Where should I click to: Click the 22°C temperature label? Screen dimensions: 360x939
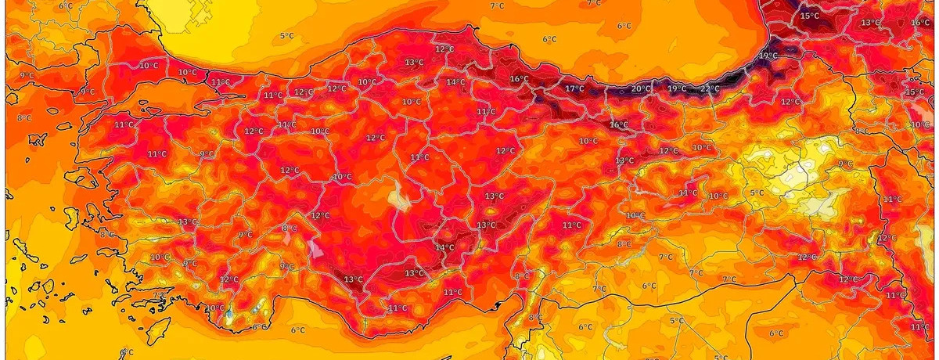710,88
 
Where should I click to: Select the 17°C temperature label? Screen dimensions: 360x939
574,88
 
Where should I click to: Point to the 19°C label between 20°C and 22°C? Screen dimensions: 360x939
676,88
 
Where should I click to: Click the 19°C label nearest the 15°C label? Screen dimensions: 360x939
768,56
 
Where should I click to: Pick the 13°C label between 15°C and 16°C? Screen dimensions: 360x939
870,23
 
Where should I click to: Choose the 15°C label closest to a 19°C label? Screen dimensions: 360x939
810,15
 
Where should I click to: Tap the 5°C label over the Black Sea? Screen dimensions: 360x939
287,35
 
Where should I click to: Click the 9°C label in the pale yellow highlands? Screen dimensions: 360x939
845,164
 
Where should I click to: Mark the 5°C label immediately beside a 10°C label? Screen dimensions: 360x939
757,193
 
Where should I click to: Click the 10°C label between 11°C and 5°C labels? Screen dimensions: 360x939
718,196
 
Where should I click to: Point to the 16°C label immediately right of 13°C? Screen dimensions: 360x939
920,23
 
